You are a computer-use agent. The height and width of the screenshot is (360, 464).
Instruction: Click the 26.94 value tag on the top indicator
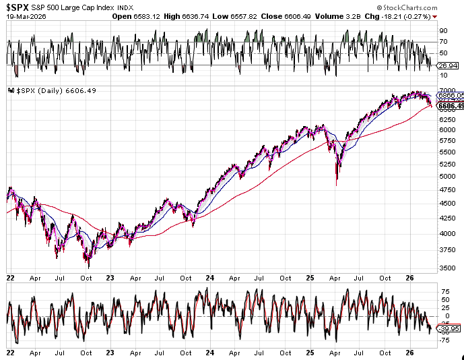click(x=447, y=67)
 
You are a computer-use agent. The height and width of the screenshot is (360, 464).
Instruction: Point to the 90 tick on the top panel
click(x=443, y=30)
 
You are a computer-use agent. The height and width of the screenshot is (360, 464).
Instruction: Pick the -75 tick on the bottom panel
click(x=444, y=341)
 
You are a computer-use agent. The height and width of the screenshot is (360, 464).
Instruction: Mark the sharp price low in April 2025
click(x=336, y=184)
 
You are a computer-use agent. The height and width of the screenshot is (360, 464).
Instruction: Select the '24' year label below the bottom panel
click(x=211, y=352)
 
